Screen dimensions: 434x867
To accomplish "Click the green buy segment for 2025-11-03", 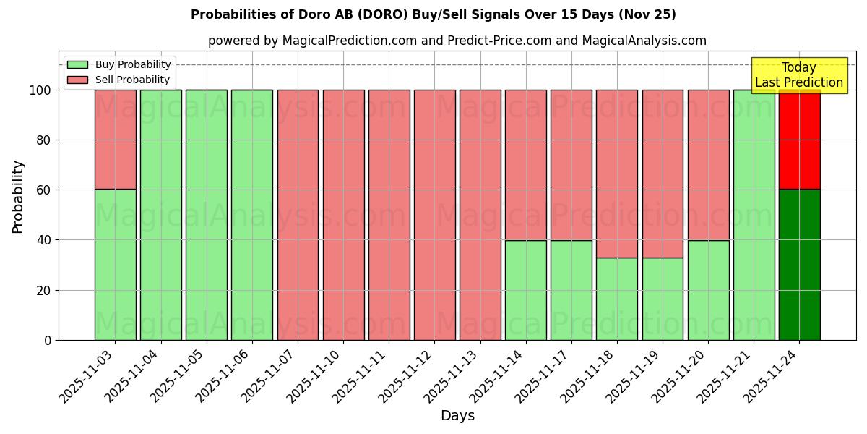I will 115,264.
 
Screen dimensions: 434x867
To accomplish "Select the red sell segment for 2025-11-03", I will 115,139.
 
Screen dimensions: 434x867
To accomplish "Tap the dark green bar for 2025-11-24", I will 799,264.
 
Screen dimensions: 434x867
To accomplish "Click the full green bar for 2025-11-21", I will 754,215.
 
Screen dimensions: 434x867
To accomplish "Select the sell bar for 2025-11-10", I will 343,215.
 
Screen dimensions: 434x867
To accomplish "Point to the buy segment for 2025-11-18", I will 617,298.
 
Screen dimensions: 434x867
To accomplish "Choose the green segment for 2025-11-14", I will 526,289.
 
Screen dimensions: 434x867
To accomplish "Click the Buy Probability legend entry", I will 119,64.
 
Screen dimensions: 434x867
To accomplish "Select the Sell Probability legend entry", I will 119,80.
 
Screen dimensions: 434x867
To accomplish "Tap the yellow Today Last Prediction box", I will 798,75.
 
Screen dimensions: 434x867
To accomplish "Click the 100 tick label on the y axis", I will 40,90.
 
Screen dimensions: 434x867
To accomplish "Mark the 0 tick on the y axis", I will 48,340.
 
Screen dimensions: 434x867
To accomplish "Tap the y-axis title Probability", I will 18,197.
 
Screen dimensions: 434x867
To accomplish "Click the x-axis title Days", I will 457,416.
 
